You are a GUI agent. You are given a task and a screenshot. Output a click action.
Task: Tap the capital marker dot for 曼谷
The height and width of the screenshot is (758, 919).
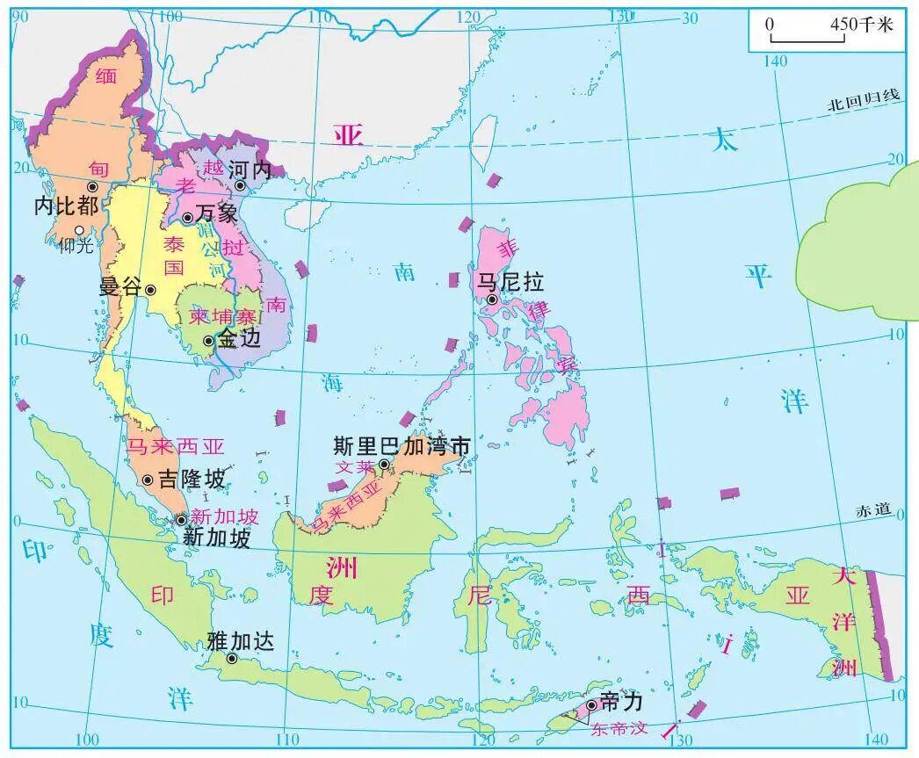[150, 290]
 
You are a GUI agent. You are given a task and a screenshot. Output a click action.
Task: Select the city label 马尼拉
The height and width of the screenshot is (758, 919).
[510, 281]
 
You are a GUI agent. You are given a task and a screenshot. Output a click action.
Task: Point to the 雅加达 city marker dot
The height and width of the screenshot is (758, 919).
[232, 658]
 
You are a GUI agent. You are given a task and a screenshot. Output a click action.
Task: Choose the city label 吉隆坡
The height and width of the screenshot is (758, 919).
[192, 479]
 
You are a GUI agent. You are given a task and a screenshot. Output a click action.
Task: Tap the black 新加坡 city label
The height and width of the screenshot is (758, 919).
[216, 538]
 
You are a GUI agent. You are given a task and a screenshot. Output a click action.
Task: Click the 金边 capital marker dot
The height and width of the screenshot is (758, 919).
[208, 341]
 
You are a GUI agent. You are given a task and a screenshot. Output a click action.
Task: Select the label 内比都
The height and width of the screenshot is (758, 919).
[66, 206]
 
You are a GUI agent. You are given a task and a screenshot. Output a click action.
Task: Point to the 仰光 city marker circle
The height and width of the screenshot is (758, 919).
[79, 230]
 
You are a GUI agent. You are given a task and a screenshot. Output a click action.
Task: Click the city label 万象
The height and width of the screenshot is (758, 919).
[216, 213]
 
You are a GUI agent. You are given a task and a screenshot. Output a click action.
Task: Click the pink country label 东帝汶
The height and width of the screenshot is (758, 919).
[623, 728]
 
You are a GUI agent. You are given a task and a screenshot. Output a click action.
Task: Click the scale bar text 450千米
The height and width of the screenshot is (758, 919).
[861, 25]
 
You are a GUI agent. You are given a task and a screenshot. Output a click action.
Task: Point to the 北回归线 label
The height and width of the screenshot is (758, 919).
[864, 100]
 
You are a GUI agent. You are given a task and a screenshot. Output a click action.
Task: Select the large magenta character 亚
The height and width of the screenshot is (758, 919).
[348, 134]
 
